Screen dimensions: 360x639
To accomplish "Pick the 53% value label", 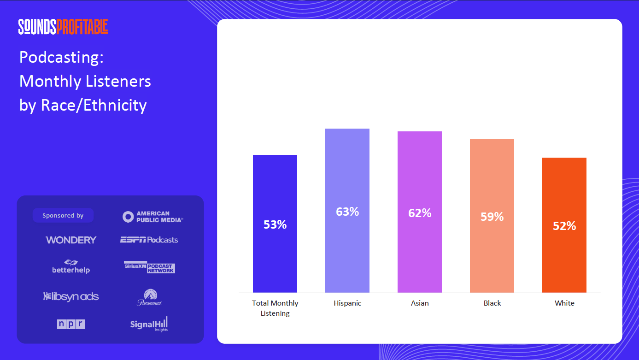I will click(275, 224).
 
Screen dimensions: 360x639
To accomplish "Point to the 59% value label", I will click(492, 217).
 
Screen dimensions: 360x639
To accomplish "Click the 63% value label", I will click(347, 212).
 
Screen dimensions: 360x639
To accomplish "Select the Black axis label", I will click(492, 303).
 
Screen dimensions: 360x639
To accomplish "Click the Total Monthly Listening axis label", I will click(275, 308).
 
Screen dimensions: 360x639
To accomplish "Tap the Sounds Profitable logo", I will click(63, 27).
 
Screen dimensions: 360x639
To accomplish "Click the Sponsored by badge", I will click(63, 216).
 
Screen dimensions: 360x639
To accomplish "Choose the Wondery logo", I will click(71, 240).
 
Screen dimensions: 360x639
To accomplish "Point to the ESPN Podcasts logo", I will click(149, 240).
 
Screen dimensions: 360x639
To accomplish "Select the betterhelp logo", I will click(70, 267).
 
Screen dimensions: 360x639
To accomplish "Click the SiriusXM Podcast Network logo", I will click(149, 267).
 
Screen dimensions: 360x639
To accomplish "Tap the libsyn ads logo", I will click(71, 296).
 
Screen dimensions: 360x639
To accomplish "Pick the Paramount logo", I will click(149, 297).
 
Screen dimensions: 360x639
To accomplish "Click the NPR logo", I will click(71, 324).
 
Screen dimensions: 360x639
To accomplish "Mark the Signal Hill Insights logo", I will click(149, 324).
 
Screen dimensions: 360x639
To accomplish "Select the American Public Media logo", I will click(153, 217).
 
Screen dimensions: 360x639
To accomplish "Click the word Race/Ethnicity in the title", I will click(94, 106).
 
